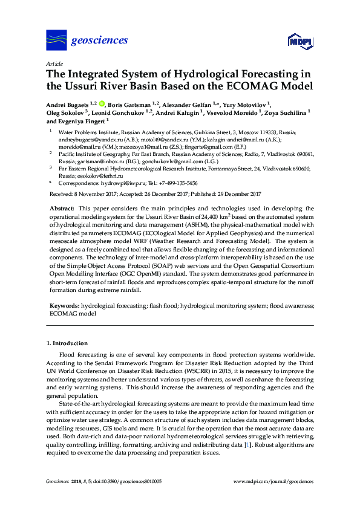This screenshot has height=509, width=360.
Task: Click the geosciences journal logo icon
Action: coord(56,41)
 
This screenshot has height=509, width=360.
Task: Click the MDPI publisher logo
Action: coord(300,42)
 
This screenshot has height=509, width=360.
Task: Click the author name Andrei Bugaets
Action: coord(67,104)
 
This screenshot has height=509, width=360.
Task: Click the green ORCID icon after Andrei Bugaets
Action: coord(101,104)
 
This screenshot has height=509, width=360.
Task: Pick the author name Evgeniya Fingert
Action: coord(81,121)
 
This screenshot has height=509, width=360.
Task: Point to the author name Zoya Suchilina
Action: coord(285,112)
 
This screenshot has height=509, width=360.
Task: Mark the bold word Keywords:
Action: coord(64,306)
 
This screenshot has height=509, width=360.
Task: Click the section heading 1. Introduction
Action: coord(67,343)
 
